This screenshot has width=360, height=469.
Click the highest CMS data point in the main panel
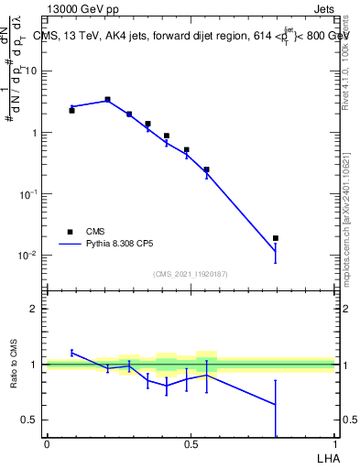[107, 99]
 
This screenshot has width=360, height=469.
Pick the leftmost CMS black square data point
[71, 110]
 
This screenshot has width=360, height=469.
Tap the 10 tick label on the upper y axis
[31, 71]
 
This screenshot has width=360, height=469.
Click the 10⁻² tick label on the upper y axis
[27, 256]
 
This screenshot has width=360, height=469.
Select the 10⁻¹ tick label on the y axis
[27, 194]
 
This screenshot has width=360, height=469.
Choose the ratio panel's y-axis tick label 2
[33, 309]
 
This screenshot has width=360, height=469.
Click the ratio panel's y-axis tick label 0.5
[29, 420]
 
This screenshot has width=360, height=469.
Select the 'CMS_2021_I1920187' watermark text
[191, 274]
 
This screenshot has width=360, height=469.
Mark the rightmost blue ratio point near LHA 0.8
[276, 404]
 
